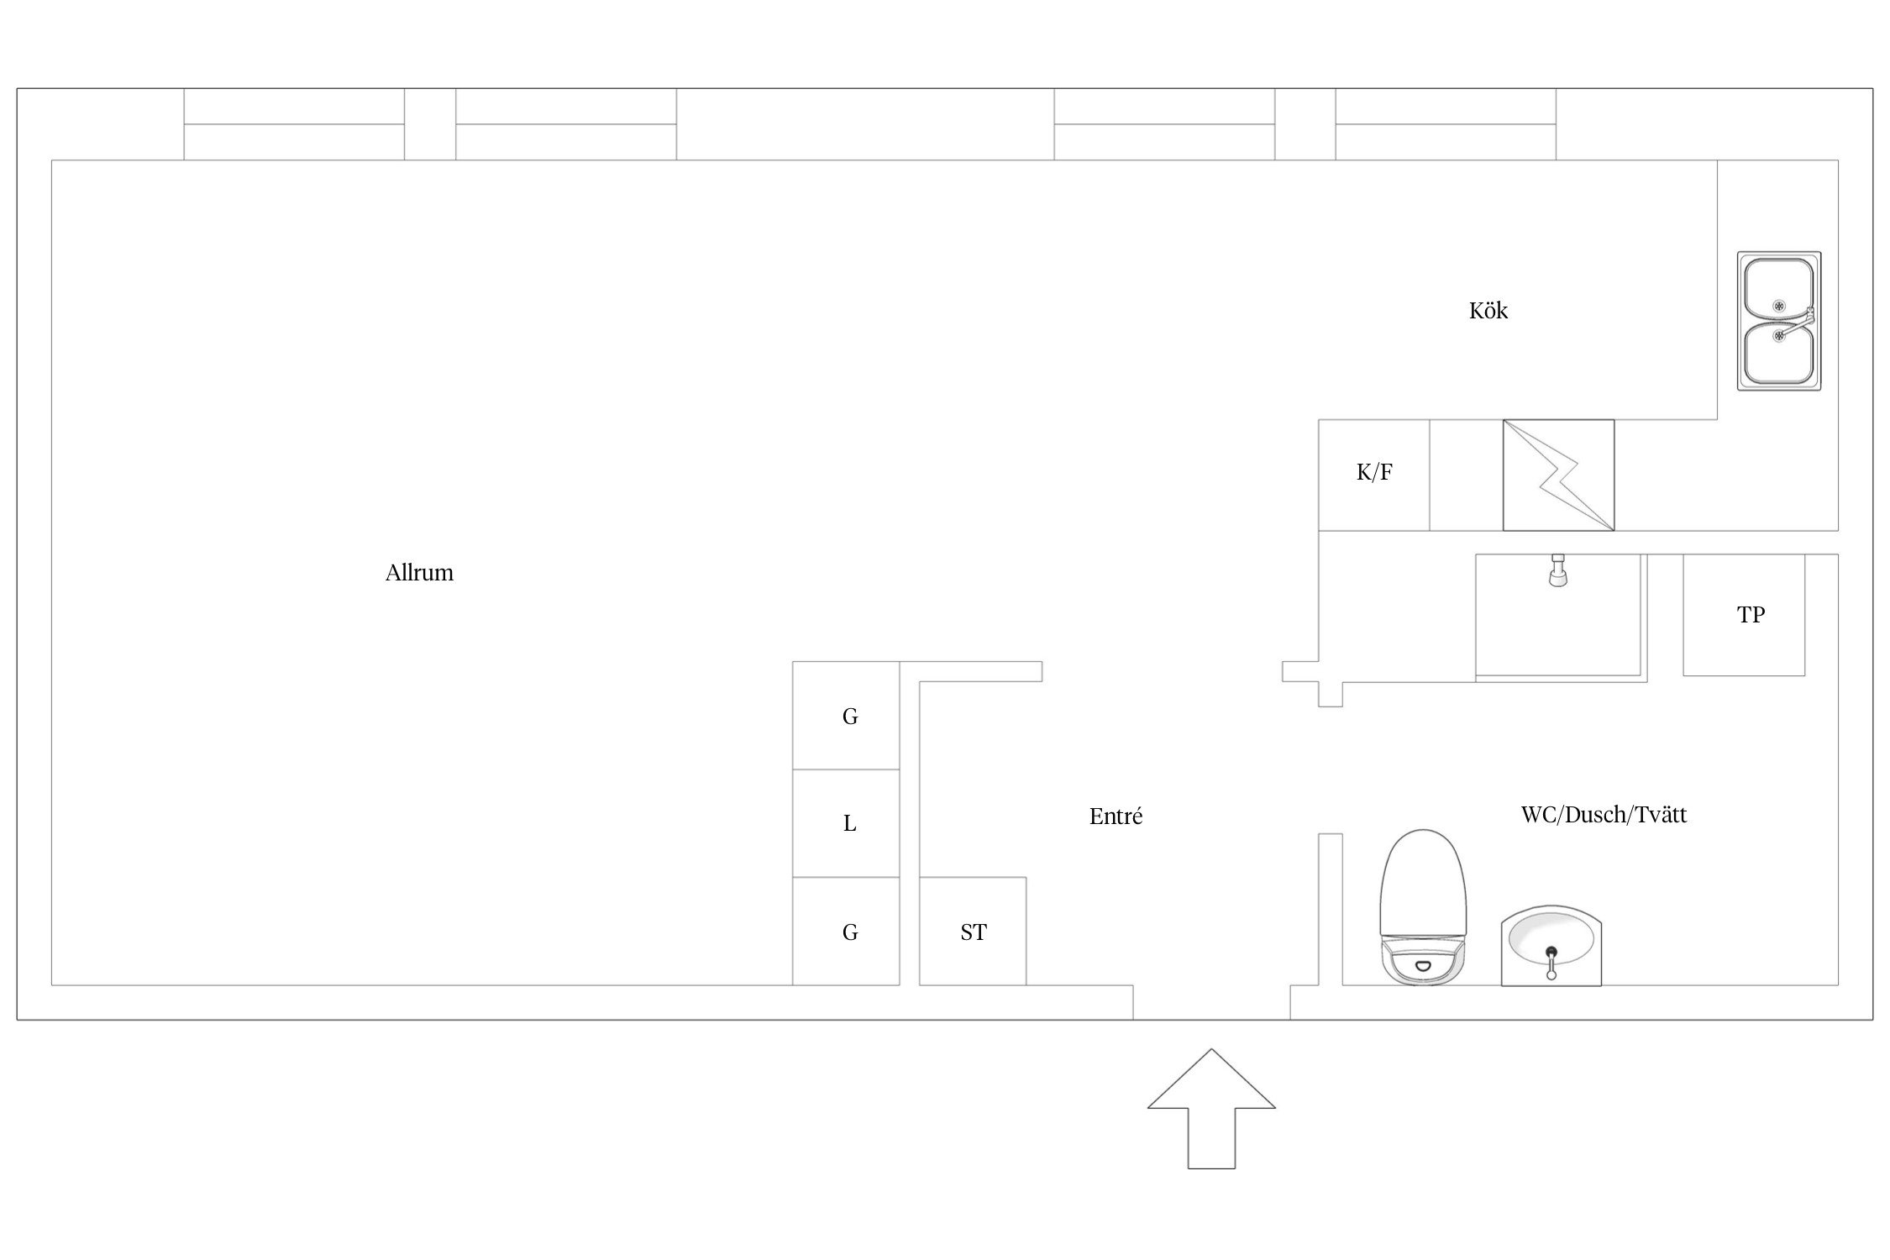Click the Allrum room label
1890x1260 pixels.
coord(419,573)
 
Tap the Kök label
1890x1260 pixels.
coord(1488,310)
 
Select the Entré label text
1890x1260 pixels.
coord(1116,816)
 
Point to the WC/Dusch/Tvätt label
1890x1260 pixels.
coord(1604,814)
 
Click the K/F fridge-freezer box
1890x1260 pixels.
coord(1374,475)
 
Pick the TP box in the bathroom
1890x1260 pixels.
coord(1744,615)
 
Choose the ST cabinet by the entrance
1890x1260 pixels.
coord(973,931)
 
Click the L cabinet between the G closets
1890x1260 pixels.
coord(846,823)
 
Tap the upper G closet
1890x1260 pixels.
coord(846,716)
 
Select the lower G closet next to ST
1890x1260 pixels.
coord(846,931)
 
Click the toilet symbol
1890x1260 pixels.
coord(1423,906)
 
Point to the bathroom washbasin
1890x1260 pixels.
coord(1551,945)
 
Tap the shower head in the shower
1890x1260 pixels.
coord(1558,570)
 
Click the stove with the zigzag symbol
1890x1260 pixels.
coord(1558,475)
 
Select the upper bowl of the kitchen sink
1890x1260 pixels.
coord(1778,289)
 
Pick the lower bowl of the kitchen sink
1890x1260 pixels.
coord(1778,354)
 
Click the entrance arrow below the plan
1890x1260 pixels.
coord(1211,1108)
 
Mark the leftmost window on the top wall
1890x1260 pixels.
coord(294,124)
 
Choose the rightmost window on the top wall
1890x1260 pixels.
coord(1446,124)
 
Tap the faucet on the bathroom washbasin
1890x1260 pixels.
coord(1551,963)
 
